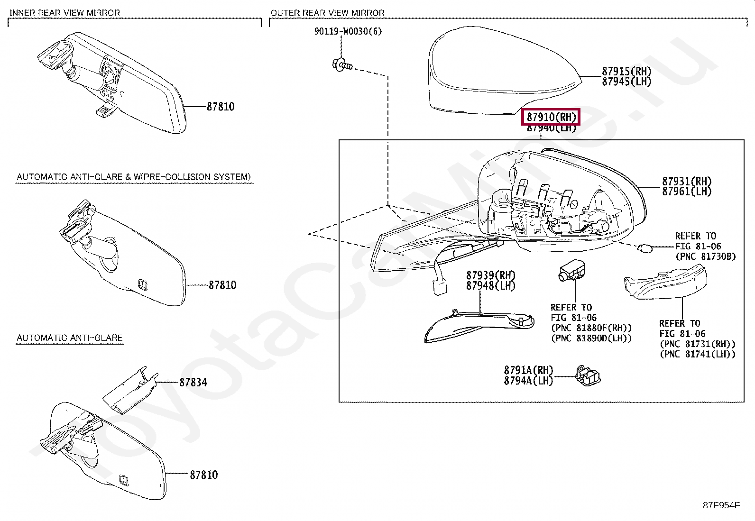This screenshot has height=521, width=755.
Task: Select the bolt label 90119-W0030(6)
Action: (348, 31)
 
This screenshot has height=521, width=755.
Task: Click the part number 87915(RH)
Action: (626, 71)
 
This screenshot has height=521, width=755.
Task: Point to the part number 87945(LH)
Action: (626, 82)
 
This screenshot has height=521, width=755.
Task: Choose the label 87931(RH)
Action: (687, 181)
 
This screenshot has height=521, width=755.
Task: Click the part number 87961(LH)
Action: (687, 192)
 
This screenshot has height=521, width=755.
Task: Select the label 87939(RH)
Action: (490, 275)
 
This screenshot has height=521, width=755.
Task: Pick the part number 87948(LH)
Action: (490, 286)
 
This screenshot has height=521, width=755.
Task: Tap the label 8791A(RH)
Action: (528, 370)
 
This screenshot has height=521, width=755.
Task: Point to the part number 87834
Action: (193, 382)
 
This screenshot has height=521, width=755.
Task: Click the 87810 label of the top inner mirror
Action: (221, 107)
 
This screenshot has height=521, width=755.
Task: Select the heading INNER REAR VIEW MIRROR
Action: (65, 13)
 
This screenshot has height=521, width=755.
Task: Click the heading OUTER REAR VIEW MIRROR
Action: (327, 13)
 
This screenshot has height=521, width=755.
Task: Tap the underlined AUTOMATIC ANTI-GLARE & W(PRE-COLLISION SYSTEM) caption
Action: (133, 177)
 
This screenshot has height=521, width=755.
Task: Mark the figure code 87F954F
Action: (721, 505)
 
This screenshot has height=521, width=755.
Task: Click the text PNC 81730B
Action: (705, 256)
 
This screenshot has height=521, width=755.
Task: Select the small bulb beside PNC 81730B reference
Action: (645, 247)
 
